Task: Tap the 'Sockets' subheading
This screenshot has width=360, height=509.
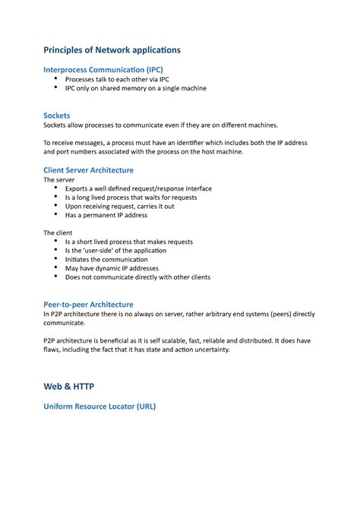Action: point(57,115)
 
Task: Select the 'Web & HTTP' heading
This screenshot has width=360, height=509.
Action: point(68,386)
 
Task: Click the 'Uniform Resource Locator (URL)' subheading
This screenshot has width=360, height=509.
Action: point(99,406)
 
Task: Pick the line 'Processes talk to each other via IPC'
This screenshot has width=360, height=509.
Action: point(116,79)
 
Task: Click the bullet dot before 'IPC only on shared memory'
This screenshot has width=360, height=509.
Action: point(55,87)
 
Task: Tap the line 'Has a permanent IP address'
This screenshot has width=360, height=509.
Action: point(106,215)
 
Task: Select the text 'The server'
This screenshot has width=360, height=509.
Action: point(59,180)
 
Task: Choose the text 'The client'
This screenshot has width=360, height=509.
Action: point(58,232)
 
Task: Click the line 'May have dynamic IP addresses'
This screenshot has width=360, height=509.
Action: point(112,268)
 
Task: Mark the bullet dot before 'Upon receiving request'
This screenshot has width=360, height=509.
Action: point(55,206)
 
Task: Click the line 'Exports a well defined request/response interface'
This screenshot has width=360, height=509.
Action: point(138,188)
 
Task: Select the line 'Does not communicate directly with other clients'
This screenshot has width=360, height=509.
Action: point(137,277)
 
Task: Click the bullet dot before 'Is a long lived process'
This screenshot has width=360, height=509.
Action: point(55,197)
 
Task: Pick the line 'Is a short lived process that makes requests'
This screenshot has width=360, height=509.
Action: point(129,242)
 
